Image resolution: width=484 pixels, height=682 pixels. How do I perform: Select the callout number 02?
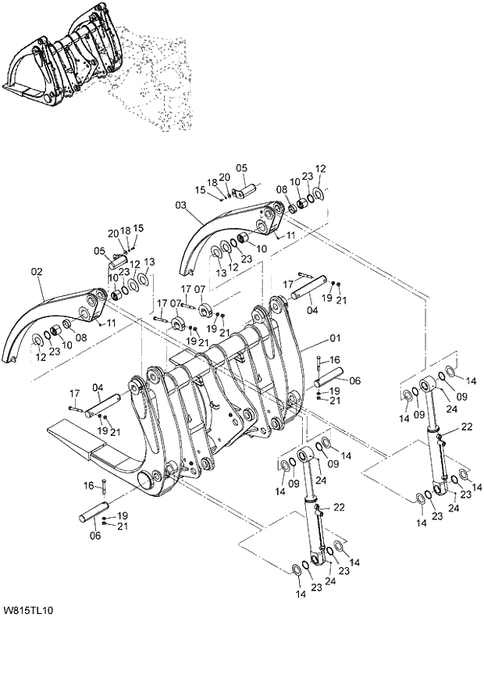coord(36,273)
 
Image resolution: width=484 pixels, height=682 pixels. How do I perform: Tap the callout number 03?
coord(181,205)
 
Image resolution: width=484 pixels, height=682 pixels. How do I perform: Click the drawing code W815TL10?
coord(28,609)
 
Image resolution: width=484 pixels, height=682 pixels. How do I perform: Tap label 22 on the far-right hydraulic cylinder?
coord(467,426)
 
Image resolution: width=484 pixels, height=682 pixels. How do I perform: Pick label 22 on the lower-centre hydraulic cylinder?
coord(339,507)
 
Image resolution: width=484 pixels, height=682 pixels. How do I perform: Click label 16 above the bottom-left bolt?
coord(88,486)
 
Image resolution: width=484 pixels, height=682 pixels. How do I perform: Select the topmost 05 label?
coord(241,167)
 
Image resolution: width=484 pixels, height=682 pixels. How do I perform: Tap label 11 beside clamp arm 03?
coord(290,234)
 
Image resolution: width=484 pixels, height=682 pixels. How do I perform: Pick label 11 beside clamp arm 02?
coord(112,323)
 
